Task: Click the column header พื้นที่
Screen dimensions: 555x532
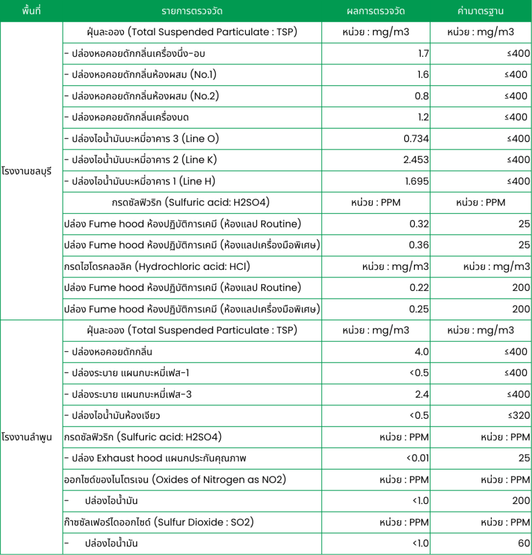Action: pyautogui.click(x=31, y=11)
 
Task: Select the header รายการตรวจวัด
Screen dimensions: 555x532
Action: pyautogui.click(x=192, y=11)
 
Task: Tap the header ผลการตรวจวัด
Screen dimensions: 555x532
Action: pyautogui.click(x=375, y=11)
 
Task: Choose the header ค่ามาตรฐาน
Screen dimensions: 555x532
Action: pyautogui.click(x=481, y=11)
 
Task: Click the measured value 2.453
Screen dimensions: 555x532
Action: pyautogui.click(x=416, y=160)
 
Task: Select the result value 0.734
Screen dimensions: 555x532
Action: pyautogui.click(x=416, y=139)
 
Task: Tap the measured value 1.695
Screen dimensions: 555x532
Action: pyautogui.click(x=416, y=181)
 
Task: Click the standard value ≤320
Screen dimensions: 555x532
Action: pyautogui.click(x=517, y=416)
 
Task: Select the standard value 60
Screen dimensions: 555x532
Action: pyautogui.click(x=524, y=543)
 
